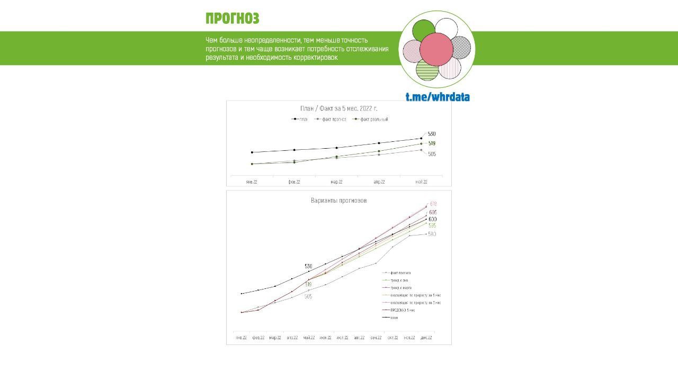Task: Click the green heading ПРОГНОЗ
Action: coord(232,19)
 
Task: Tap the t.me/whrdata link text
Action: coord(438,97)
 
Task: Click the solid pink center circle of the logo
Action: coord(436,49)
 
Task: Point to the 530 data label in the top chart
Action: coord(432,134)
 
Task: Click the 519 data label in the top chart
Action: coord(432,143)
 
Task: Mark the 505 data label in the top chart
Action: coord(432,154)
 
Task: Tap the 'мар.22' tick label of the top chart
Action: coord(336,182)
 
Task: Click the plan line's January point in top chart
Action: coord(252,152)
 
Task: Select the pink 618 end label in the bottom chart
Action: coord(433,204)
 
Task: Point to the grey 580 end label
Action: coord(432,234)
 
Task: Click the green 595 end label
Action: coord(432,226)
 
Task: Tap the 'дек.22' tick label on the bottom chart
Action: coord(426,338)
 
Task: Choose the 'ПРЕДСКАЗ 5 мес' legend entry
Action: coord(403,310)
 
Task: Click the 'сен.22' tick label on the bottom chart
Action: coord(376,338)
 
